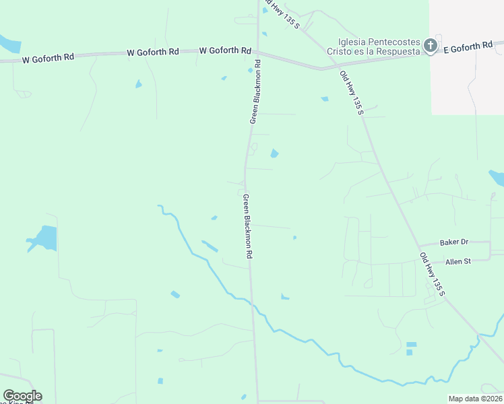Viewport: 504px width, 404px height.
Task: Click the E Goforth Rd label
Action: pos(467,47)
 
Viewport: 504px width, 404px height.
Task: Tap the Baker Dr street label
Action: pos(453,242)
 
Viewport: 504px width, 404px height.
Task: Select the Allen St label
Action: pos(457,261)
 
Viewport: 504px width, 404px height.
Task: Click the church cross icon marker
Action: pos(430,45)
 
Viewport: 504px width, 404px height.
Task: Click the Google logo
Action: pos(22,396)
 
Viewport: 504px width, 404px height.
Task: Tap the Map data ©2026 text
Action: pos(475,399)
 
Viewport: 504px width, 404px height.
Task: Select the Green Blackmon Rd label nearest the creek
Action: pos(247,227)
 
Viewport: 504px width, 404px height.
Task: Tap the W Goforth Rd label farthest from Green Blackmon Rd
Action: pos(48,59)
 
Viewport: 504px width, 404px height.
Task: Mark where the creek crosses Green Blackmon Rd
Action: pos(253,304)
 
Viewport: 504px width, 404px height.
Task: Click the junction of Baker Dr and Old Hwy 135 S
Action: pos(418,245)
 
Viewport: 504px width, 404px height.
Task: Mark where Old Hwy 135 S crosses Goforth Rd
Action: pos(322,68)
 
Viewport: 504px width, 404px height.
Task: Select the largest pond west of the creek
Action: pos(42,238)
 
